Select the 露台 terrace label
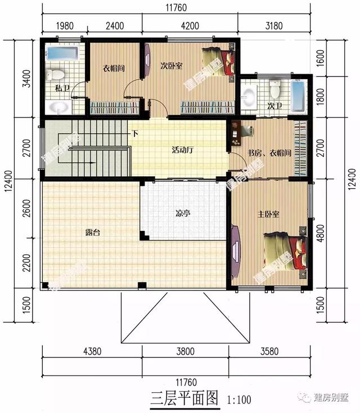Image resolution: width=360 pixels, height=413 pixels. coord(93,232)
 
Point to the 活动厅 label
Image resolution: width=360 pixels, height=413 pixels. coord(183,150)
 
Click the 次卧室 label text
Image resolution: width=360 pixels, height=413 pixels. coord(171,65)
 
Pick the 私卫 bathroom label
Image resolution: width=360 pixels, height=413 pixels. coord(62,88)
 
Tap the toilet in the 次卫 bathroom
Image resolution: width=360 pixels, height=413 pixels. coord(275,89)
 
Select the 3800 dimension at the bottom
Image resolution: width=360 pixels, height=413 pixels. coord(184,352)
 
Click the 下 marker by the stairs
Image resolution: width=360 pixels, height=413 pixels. coord(135,134)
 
